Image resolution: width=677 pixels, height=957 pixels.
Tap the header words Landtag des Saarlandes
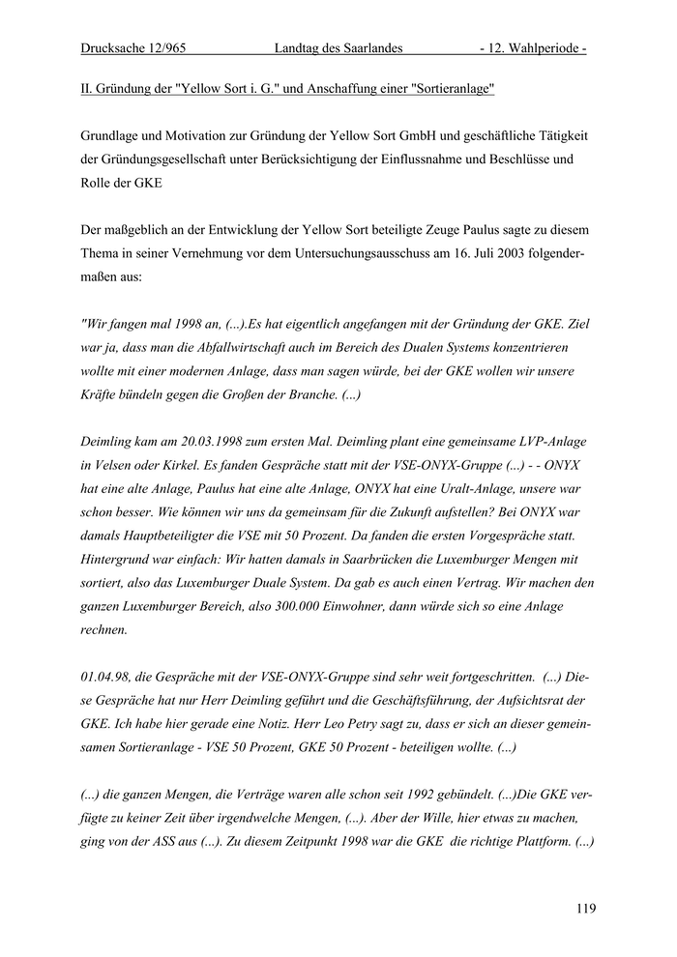tap(338, 47)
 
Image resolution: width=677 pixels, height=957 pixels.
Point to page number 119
tap(584, 908)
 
